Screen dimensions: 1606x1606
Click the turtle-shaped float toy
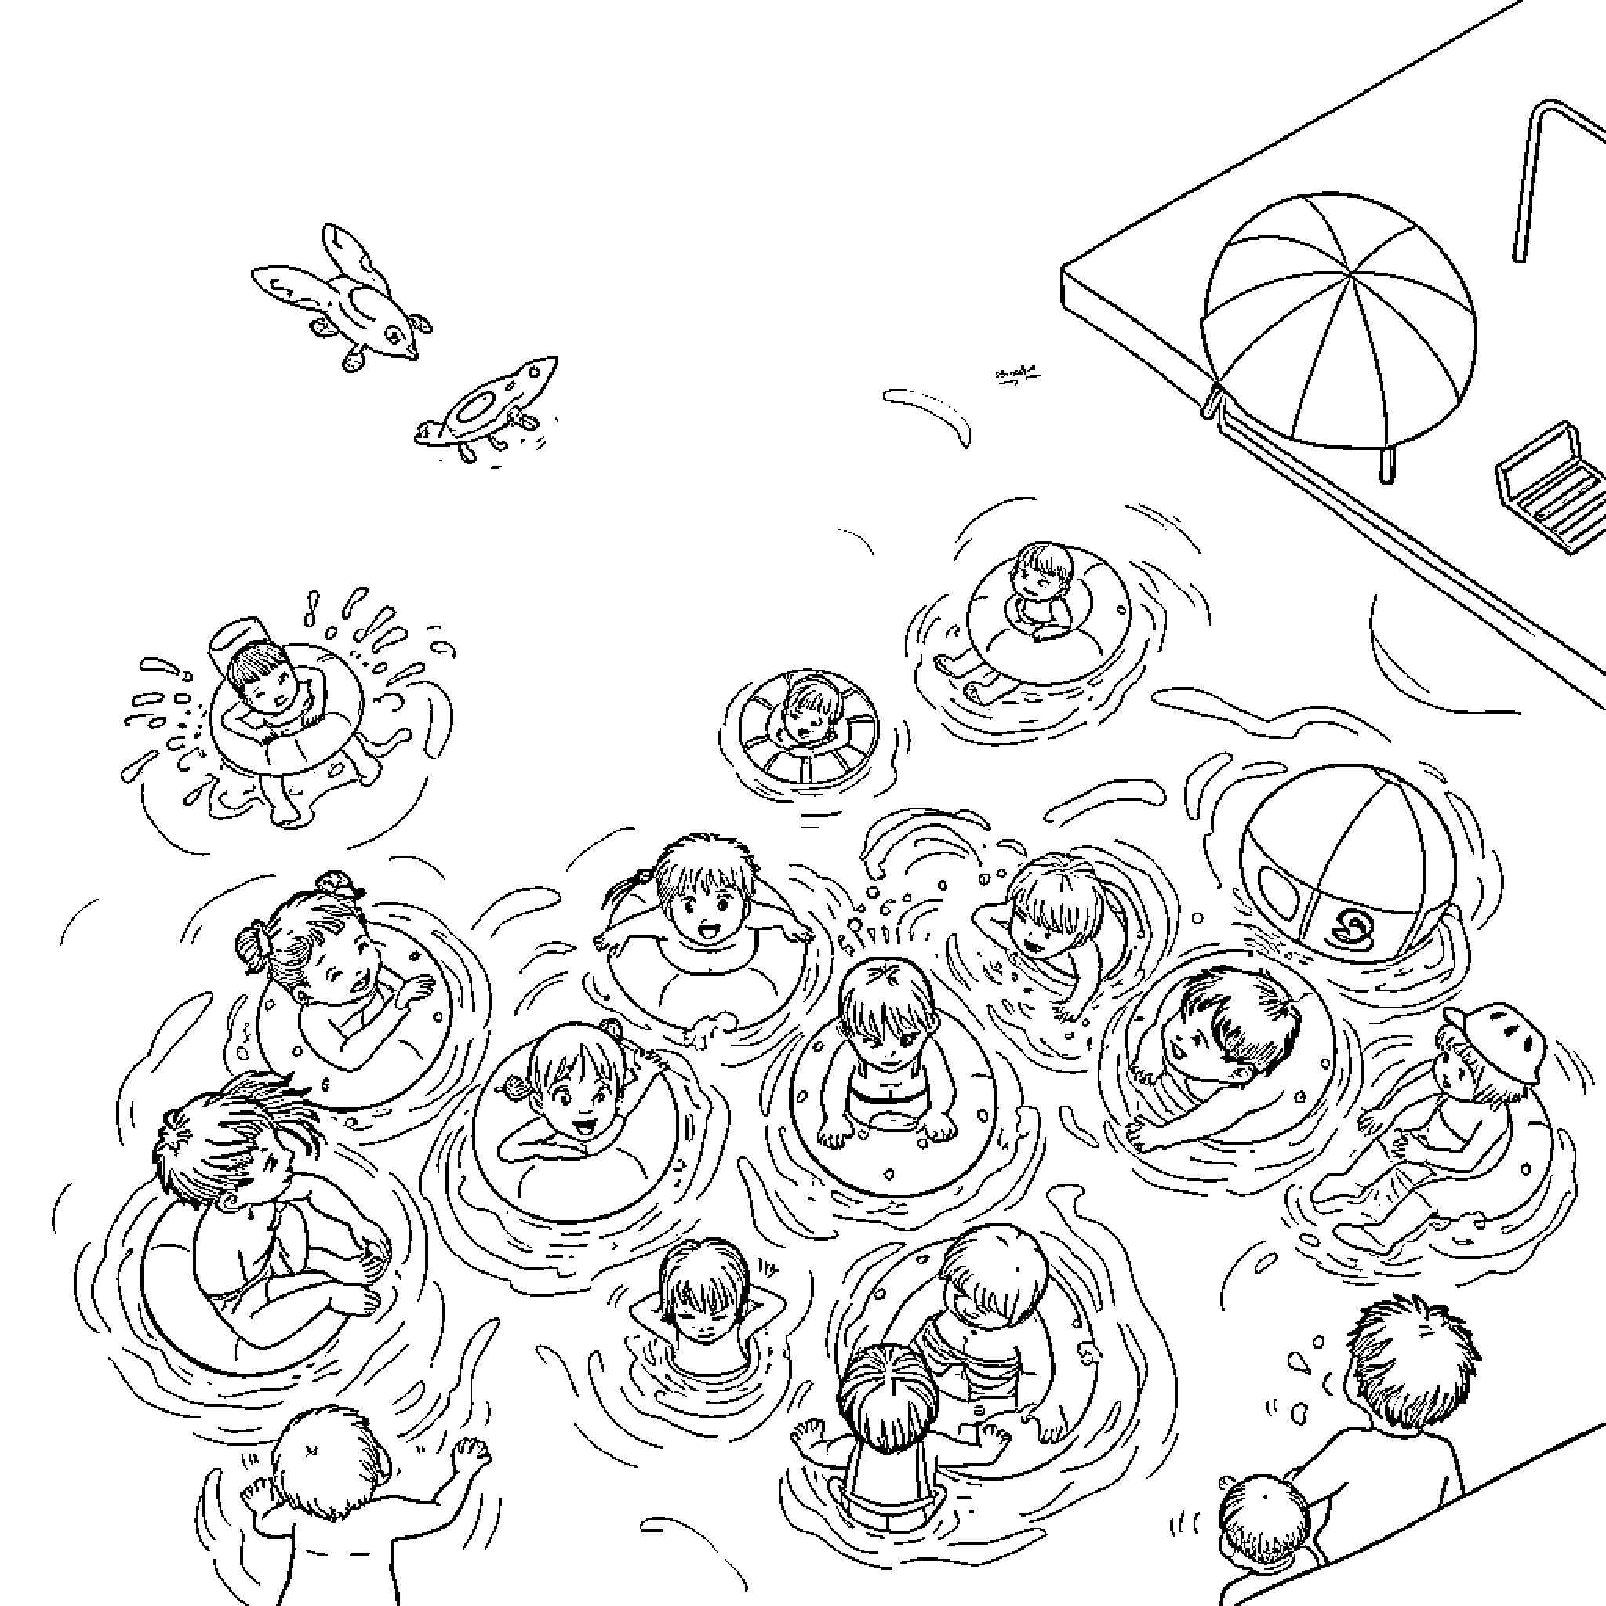pos(490,407)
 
